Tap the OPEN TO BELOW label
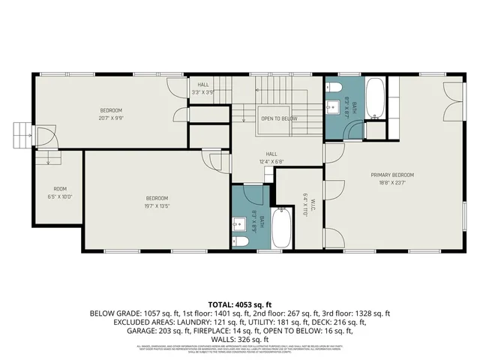[279, 118]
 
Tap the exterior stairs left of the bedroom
[21, 136]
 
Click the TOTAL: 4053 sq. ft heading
[239, 303]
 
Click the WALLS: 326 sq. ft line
[239, 339]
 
